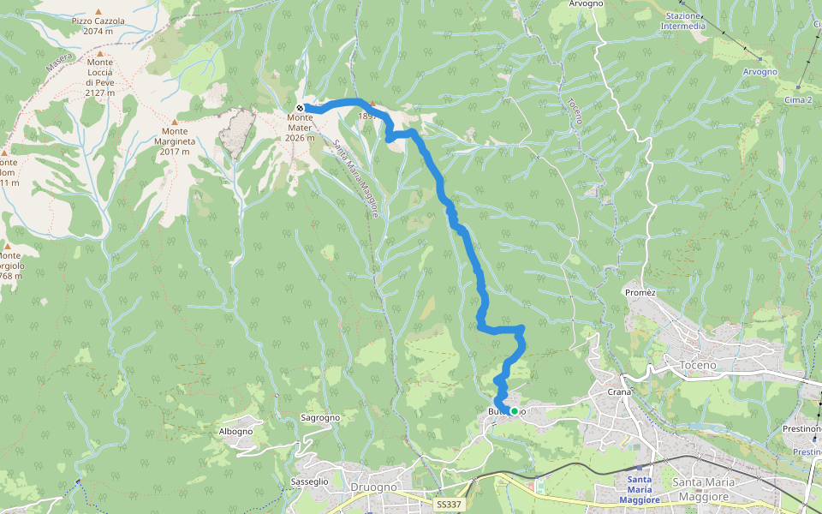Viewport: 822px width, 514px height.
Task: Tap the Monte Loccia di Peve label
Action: [100, 77]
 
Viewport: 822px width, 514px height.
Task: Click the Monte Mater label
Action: [301, 127]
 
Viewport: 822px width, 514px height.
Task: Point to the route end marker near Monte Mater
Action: [301, 108]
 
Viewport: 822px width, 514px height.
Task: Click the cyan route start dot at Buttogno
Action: [514, 411]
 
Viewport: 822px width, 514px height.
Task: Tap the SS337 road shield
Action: [447, 505]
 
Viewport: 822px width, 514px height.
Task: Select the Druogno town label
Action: [373, 487]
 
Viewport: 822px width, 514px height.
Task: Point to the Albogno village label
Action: [235, 431]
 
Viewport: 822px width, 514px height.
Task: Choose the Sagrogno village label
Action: [321, 418]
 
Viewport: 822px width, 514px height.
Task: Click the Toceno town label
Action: [696, 365]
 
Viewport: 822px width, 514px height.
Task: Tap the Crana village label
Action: [619, 391]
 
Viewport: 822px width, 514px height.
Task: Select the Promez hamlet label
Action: [640, 292]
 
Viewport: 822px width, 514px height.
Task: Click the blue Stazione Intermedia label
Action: [683, 21]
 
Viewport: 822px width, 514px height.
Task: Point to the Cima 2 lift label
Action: [797, 100]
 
